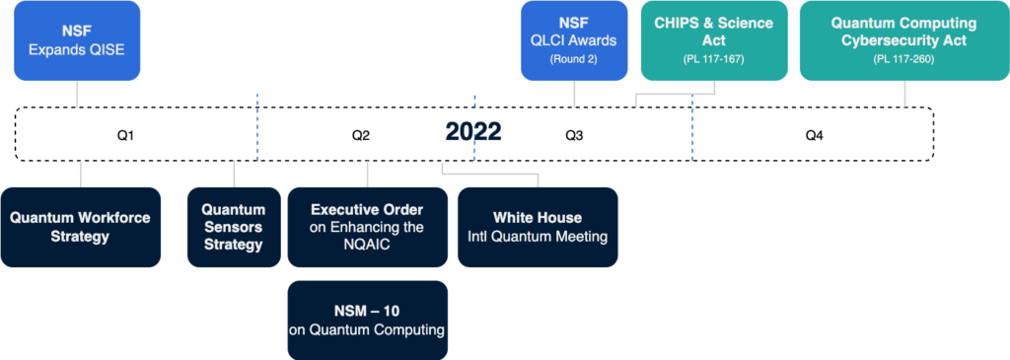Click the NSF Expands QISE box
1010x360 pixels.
[77, 40]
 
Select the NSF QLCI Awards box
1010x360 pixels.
[574, 40]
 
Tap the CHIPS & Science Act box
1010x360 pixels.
[714, 40]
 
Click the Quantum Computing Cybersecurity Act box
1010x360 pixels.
[903, 40]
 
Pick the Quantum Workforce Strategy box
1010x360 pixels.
[80, 227]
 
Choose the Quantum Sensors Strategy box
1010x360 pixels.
[234, 227]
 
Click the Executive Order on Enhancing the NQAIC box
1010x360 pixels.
[367, 227]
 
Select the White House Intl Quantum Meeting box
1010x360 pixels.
[538, 227]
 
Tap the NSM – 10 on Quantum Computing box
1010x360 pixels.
[367, 320]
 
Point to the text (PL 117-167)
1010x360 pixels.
[714, 60]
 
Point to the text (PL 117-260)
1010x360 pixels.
[903, 60]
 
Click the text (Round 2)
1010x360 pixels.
[574, 60]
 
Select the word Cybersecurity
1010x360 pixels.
[903, 40]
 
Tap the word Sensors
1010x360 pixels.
[234, 227]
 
